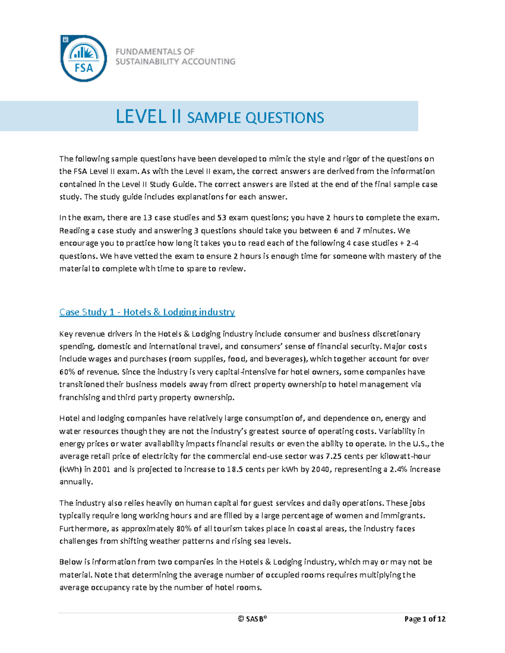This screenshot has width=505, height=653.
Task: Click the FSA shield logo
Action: point(83,58)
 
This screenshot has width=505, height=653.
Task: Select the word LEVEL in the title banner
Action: point(141,116)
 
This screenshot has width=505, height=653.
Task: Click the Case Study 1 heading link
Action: point(147,312)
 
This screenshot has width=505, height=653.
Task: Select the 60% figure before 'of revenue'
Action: point(66,372)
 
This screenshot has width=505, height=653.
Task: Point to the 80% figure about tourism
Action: point(178,529)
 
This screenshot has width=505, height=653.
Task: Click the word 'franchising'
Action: point(79,397)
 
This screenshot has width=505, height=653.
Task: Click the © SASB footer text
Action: point(252,619)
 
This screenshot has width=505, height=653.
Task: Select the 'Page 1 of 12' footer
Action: point(425,619)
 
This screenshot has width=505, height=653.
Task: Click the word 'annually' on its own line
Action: point(75,482)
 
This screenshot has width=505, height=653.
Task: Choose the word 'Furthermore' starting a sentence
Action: point(82,529)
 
